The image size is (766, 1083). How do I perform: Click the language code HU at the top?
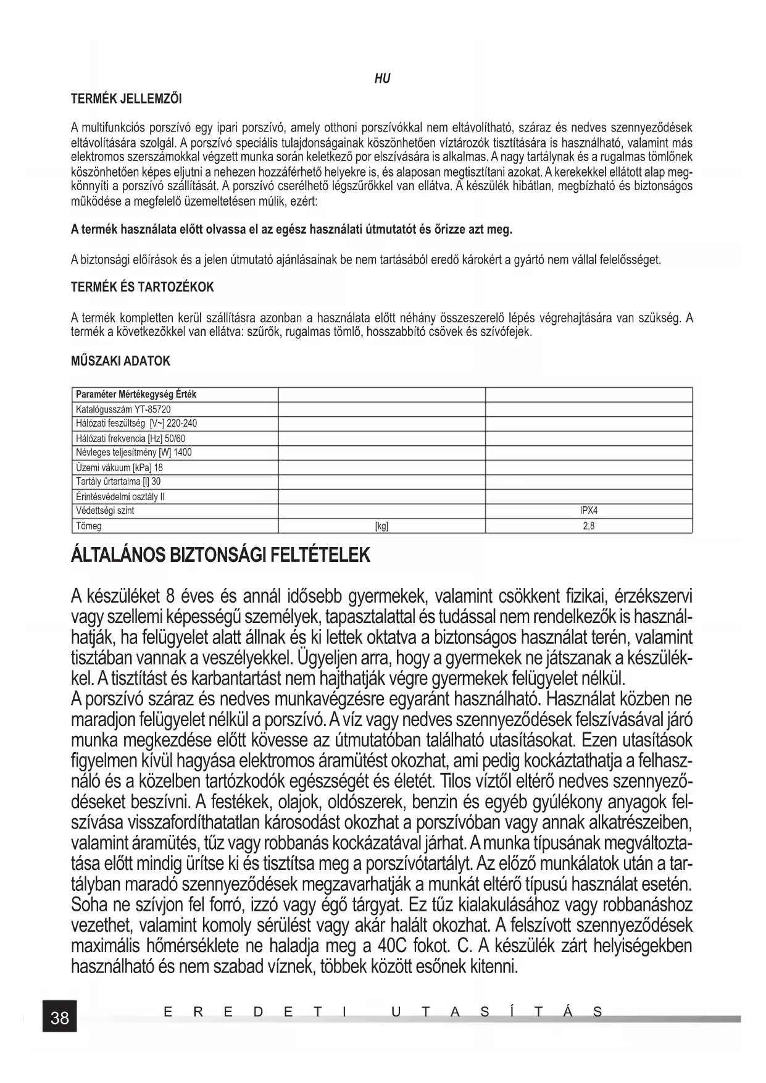click(x=383, y=78)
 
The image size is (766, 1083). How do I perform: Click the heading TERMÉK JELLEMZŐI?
click(x=127, y=98)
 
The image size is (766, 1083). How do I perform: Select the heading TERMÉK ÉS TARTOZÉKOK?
click(x=142, y=287)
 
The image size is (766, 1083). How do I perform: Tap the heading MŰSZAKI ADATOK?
click(x=121, y=361)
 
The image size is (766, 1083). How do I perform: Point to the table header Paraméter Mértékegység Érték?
click(x=136, y=394)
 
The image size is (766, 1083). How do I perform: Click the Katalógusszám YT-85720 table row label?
click(x=123, y=409)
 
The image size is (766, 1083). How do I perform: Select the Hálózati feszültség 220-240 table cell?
click(x=136, y=424)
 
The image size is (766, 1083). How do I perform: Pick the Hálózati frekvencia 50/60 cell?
click(x=130, y=438)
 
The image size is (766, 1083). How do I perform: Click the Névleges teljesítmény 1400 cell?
click(x=133, y=453)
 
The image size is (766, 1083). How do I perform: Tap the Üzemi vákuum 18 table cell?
click(x=119, y=467)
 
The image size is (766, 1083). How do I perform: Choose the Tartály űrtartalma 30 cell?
click(x=118, y=482)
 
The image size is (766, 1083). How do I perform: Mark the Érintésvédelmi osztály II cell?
click(x=120, y=496)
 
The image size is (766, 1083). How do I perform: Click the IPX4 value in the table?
click(x=589, y=511)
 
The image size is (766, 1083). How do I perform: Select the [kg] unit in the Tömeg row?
click(x=381, y=526)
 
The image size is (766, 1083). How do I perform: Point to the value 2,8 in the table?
click(x=589, y=526)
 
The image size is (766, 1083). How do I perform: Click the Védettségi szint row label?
click(x=105, y=511)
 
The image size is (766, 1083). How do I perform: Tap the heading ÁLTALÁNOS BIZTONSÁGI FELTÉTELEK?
click(x=220, y=555)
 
